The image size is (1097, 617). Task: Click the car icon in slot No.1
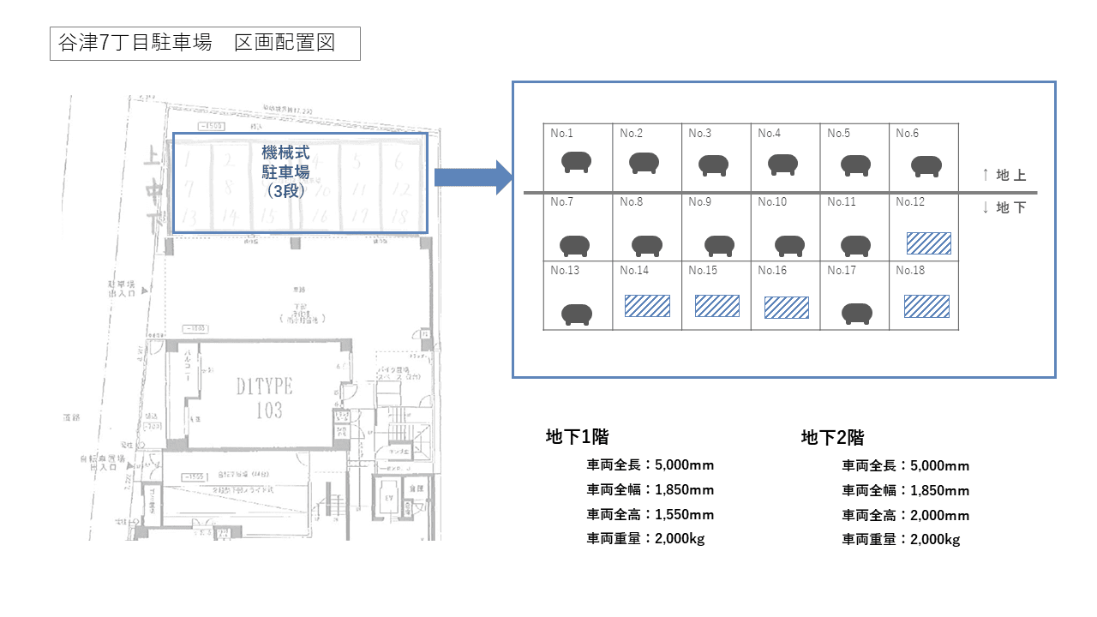click(x=578, y=162)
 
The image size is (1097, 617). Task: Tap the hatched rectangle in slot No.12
click(x=928, y=243)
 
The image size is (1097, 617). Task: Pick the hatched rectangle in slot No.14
click(x=647, y=306)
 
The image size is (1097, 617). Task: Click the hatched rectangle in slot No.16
click(x=786, y=308)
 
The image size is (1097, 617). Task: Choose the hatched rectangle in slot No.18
click(x=926, y=306)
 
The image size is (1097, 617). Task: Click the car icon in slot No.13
click(x=578, y=314)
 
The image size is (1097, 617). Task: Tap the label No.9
click(x=700, y=202)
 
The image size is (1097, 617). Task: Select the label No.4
click(x=770, y=134)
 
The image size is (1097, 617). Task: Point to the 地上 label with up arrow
click(x=1004, y=176)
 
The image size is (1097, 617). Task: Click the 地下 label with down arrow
click(x=1004, y=208)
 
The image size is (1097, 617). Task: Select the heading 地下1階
click(x=577, y=436)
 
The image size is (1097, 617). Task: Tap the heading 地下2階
click(x=832, y=437)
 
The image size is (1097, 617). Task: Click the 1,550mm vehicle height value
click(x=684, y=515)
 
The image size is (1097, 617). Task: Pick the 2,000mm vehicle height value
click(x=940, y=515)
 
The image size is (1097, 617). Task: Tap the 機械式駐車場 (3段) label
click(x=286, y=171)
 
